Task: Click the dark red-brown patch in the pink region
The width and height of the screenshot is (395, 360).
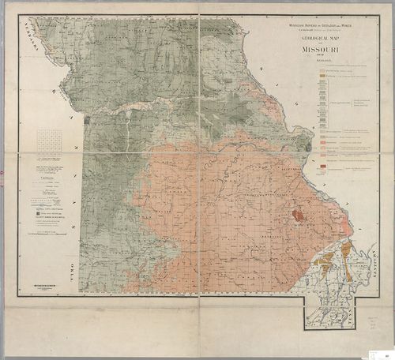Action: pyautogui.click(x=299, y=214)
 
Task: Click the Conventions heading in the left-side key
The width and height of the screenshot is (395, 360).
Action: pyautogui.click(x=47, y=178)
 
